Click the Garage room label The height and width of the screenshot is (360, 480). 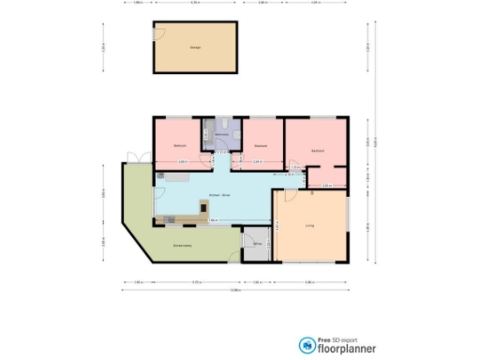click(195, 47)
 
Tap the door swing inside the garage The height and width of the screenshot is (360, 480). click(161, 36)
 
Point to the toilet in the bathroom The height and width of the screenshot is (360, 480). click(223, 124)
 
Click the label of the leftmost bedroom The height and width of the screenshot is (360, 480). click(179, 146)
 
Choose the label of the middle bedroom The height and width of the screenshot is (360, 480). click(262, 146)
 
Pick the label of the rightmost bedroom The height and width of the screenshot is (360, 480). click(318, 150)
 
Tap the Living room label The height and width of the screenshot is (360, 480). click(308, 226)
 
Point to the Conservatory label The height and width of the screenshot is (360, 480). click(184, 246)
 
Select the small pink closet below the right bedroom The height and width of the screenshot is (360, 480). click(327, 176)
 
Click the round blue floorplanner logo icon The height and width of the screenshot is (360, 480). click(307, 346)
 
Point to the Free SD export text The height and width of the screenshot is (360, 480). click(337, 339)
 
